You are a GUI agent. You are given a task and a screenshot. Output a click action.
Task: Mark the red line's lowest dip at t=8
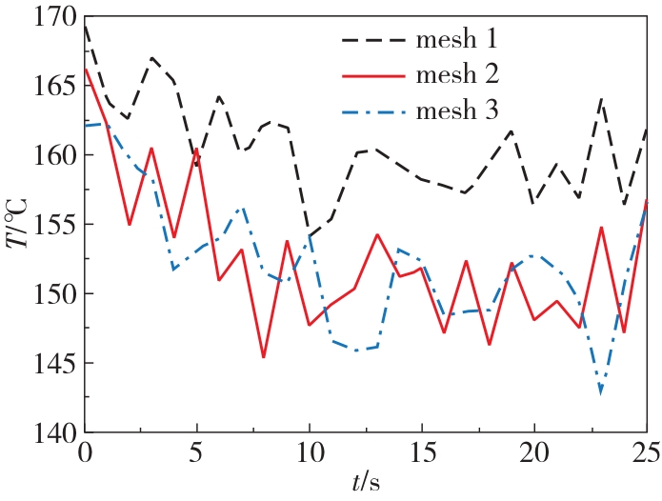[264, 357]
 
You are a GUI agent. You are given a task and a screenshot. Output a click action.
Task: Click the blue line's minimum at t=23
[601, 391]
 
